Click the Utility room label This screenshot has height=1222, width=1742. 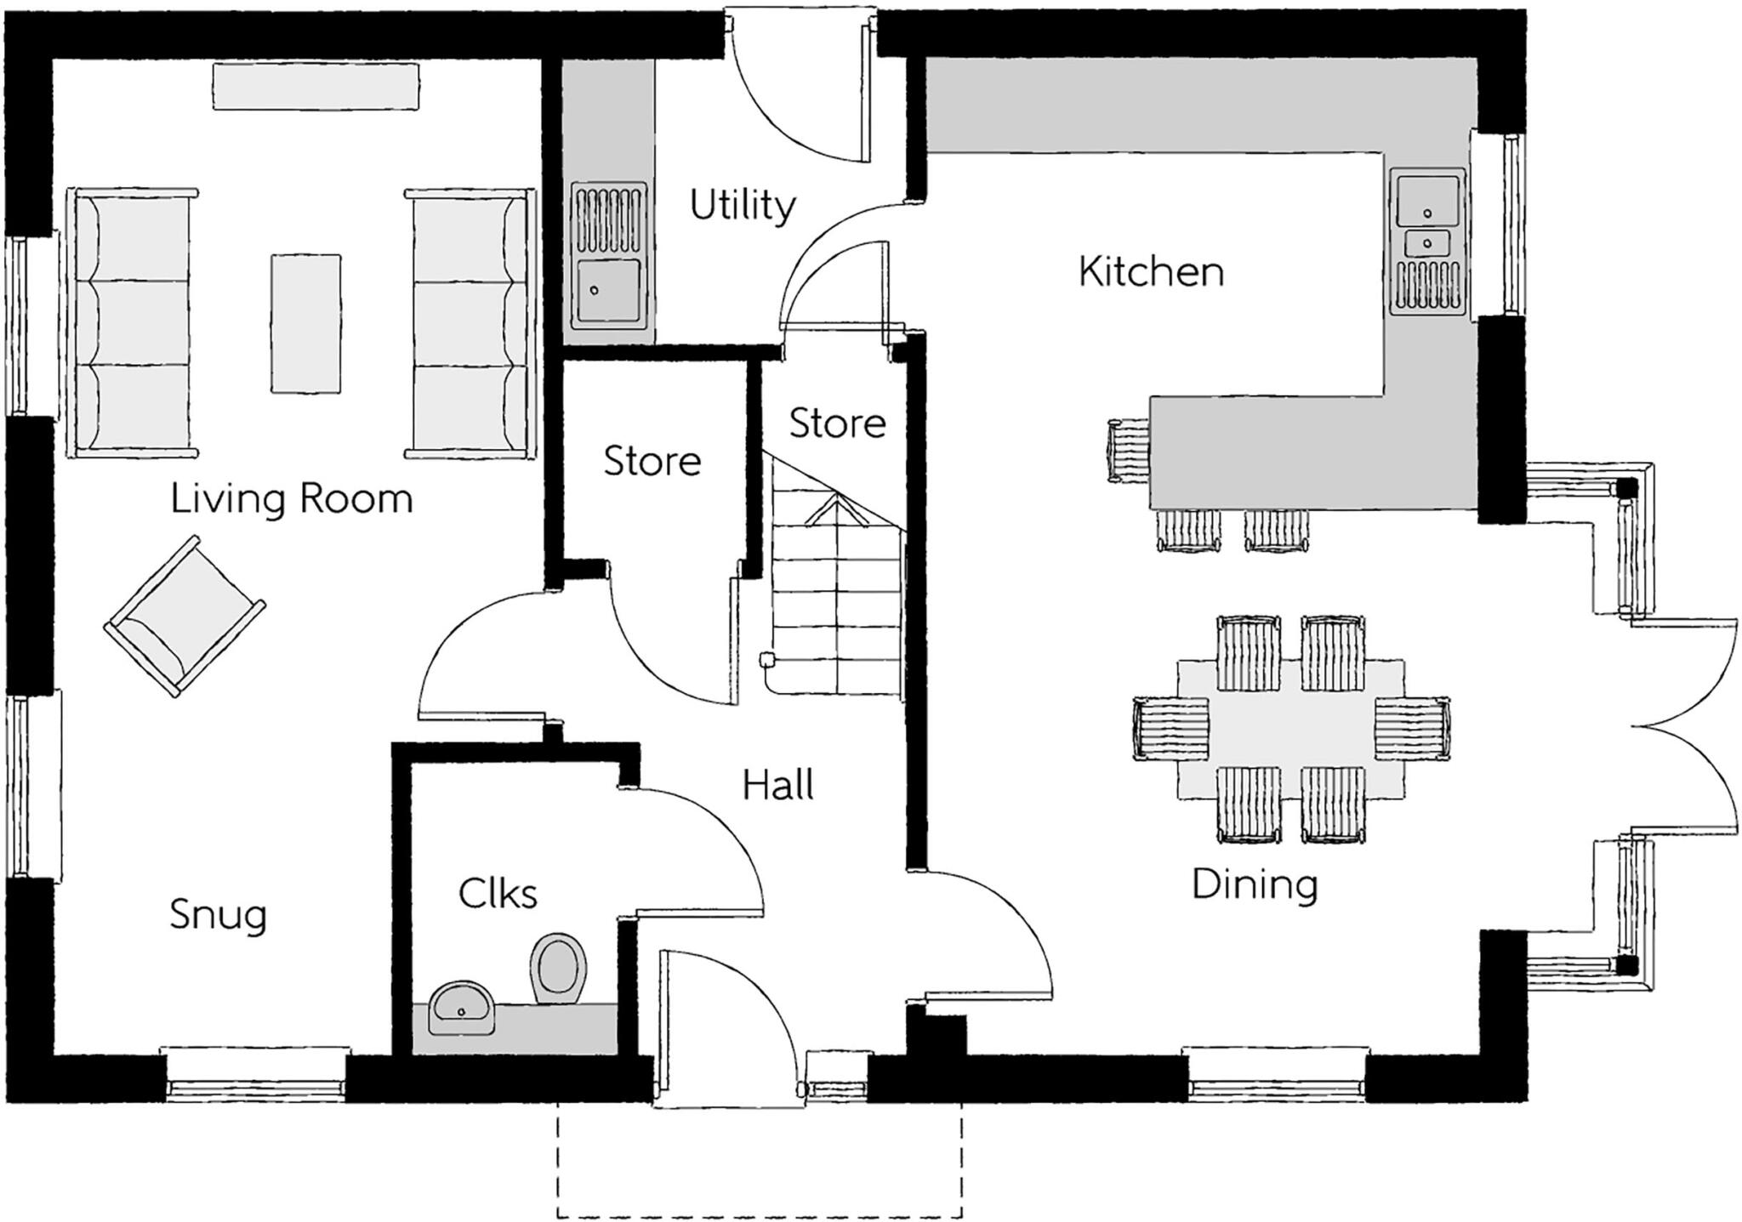742,206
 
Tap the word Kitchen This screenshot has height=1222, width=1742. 1151,272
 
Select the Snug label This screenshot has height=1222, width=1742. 218,915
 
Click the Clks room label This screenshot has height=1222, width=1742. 498,894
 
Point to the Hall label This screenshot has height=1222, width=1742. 777,785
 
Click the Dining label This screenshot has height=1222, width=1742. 1255,884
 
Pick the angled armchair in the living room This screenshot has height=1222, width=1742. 184,617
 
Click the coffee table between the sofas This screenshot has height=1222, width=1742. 306,324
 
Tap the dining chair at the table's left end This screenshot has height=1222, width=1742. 1170,728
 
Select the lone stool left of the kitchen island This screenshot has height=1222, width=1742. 1128,452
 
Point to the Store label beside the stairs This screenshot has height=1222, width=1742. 837,423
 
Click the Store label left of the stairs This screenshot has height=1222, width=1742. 652,461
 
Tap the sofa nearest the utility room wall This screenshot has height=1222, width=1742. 470,324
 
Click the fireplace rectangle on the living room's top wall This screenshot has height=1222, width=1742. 315,86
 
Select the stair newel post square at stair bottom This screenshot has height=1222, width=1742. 766,659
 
